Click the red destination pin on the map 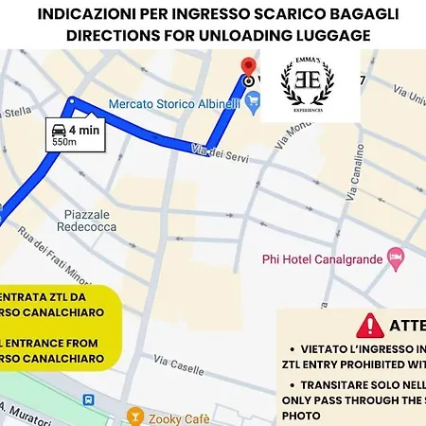pos(248,67)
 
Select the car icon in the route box pos(59,131)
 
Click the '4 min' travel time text pos(83,131)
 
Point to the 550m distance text pos(64,143)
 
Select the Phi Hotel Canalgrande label pos(323,256)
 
